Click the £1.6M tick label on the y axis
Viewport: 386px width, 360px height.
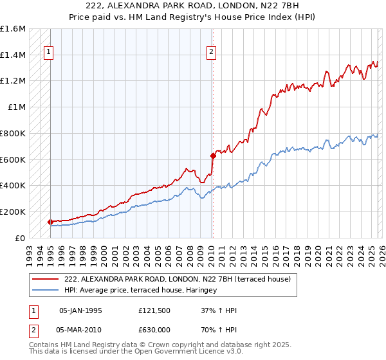click(x=13, y=29)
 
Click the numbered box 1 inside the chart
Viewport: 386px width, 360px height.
click(x=48, y=53)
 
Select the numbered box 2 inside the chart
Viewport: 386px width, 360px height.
click(x=211, y=53)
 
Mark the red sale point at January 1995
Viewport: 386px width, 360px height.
click(x=50, y=222)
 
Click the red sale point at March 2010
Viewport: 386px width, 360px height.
click(x=213, y=155)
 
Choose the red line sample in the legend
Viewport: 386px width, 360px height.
click(x=46, y=279)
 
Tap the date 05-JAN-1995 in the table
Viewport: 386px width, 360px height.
click(x=80, y=310)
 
